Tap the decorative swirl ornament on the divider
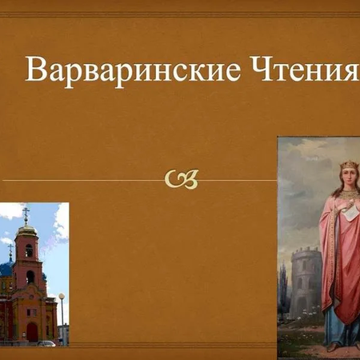pyautogui.click(x=181, y=180)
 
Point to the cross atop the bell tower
pyautogui.click(x=26, y=214)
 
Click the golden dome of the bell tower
pyautogui.click(x=27, y=230)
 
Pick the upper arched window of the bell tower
pyautogui.click(x=30, y=250)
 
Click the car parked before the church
pyautogui.click(x=46, y=342)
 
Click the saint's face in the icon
pyautogui.click(x=349, y=179)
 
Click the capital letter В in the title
pyautogui.click(x=34, y=70)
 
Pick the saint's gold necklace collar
pyautogui.click(x=350, y=194)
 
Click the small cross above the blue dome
pyautogui.click(x=10, y=250)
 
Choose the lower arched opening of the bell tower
pyautogui.click(x=30, y=277)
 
